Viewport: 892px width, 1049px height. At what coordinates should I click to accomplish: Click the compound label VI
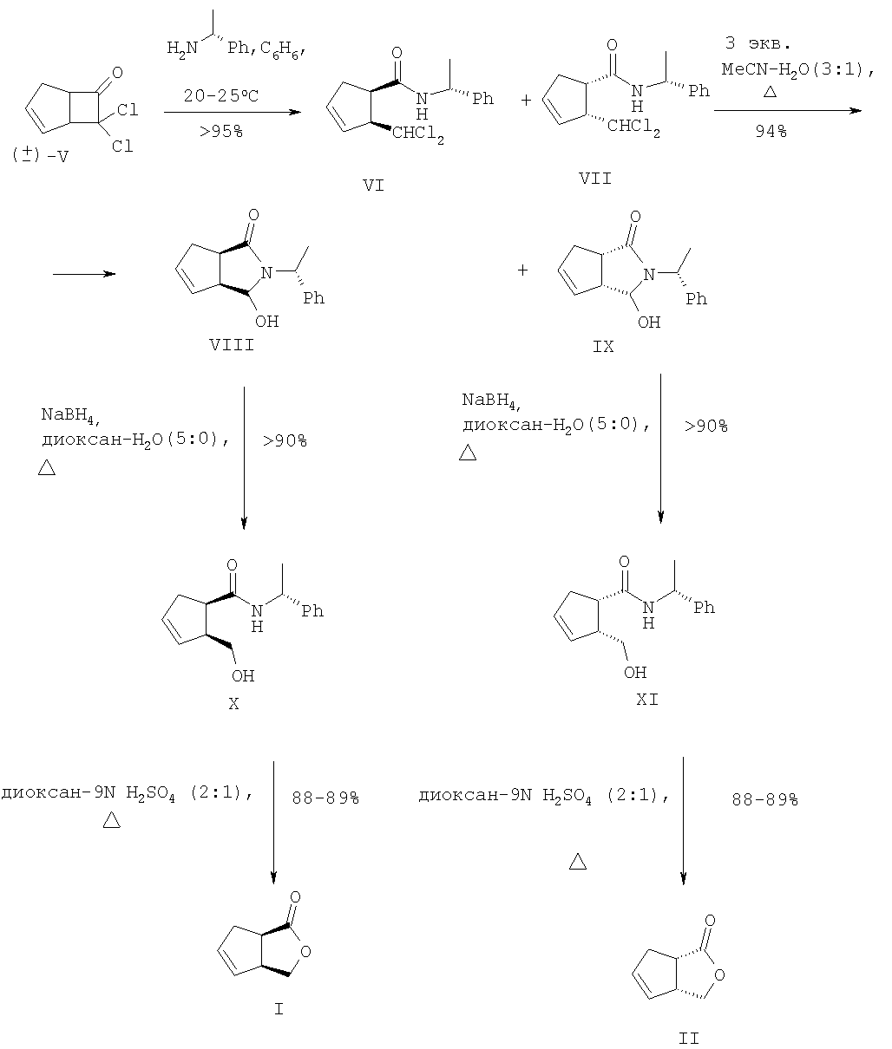pos(373,186)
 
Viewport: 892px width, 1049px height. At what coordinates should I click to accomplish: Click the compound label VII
pos(595,178)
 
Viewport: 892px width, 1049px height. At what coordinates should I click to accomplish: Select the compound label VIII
pos(232,345)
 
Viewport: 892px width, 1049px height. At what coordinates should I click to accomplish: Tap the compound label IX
pos(603,347)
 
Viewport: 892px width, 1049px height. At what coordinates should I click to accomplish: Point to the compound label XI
pos(647,700)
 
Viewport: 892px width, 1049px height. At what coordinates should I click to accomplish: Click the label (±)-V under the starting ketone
pos(40,155)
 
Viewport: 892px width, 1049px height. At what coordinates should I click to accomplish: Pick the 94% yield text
pos(771,132)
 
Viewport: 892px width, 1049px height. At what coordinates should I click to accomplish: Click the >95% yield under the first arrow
pos(221,132)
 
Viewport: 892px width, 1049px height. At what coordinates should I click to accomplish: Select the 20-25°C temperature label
pos(221,95)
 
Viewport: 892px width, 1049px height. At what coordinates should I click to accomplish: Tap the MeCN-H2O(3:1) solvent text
pos(797,70)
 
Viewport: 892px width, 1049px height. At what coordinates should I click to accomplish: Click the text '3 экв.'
pos(758,43)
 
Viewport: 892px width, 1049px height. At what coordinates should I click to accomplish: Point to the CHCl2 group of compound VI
pos(418,134)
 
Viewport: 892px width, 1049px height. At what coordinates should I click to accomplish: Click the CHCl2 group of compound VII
pos(633,127)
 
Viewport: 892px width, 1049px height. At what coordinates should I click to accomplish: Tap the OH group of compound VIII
pos(266,322)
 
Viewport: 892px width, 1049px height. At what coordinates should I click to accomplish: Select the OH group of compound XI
pos(635,673)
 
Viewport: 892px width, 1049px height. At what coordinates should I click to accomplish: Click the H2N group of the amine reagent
pos(182,49)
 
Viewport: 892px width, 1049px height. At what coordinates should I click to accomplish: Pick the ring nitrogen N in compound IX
pos(649,275)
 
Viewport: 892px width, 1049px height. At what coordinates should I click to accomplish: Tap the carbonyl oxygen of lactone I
pos(295,897)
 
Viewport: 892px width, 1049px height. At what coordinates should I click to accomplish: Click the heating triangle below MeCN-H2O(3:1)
pos(770,92)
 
